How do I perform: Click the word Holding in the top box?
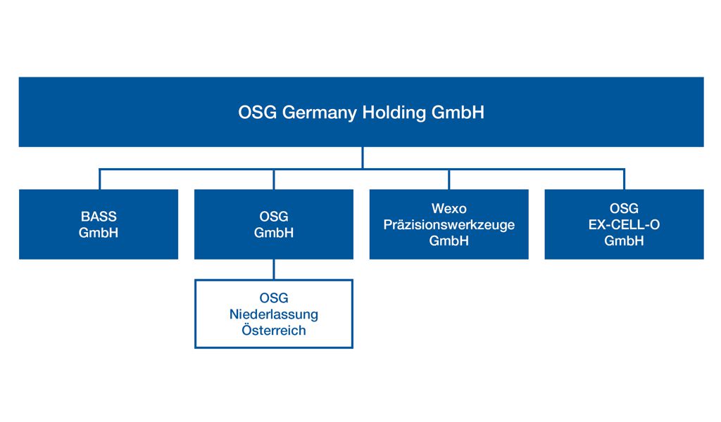[394, 113]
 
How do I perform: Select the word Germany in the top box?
[319, 113]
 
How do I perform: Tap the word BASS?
[99, 217]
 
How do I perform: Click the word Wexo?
[449, 208]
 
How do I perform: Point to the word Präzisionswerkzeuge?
[449, 225]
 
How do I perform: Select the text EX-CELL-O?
[624, 224]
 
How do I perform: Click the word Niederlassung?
[274, 314]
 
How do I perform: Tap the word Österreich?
[274, 330]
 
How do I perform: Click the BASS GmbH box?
[99, 224]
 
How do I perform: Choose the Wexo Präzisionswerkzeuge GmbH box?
[449, 224]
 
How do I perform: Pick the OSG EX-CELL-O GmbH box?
[624, 224]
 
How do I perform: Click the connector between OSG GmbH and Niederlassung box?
[274, 269]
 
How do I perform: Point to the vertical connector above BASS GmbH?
[99, 179]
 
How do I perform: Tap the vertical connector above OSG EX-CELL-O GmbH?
[624, 179]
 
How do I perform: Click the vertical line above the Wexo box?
[449, 179]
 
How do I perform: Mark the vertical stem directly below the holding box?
[363, 158]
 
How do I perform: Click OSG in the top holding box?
[258, 113]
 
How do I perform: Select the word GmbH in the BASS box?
[99, 233]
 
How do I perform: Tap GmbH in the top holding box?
[458, 113]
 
